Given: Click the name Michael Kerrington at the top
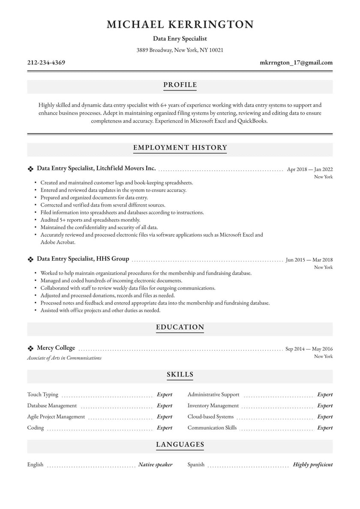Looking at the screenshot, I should pos(180,24).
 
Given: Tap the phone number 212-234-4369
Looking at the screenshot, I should pos(46,63).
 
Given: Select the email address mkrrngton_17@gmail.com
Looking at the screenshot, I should pos(296,63).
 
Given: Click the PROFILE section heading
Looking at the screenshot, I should pos(180,85).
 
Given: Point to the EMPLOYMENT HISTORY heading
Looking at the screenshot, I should pos(180,148).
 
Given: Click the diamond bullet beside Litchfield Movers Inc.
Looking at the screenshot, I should pos(30,169).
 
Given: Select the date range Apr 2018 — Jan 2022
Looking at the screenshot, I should pos(309,169).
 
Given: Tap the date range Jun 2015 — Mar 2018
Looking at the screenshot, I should pos(309,259).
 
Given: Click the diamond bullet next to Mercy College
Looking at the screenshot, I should pos(30,349).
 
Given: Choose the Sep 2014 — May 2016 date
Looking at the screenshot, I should pos(309,349).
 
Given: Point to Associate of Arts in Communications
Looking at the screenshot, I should pos(64,358).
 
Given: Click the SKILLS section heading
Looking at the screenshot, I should pos(180,375).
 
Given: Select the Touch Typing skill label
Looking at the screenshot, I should pos(43,395).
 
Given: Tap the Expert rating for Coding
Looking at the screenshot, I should pos(165,428).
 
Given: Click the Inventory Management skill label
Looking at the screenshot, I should pos(213,406).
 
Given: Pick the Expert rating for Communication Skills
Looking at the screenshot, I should pos(325,428).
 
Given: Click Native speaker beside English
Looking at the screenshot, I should pos(155,464).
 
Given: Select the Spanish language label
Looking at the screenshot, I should pos(196,464).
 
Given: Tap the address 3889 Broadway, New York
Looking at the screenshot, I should pos(180,50).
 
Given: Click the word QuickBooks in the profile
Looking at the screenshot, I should pos(253,121).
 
